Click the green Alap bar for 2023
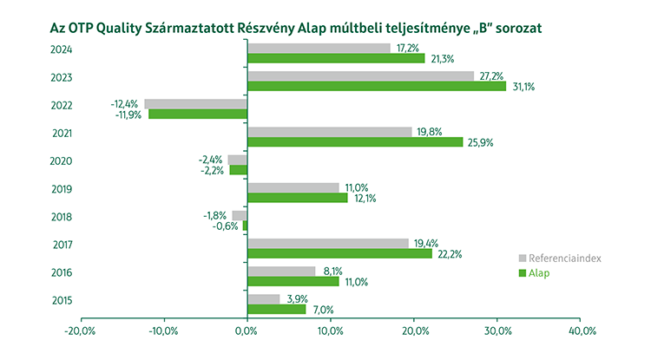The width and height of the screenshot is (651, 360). pos(376,86)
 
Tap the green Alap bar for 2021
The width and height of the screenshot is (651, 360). pos(355,141)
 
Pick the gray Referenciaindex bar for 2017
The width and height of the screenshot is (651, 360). pos(327,243)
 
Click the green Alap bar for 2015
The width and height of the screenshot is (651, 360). pos(276,309)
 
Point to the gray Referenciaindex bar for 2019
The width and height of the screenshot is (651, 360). pos(293,187)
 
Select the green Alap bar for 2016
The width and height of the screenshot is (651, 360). pos(293,281)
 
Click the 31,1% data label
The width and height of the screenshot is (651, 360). pos(522,87)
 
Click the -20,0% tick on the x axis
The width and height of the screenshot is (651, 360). pos(80,331)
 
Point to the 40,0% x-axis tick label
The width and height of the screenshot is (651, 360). pos(581,331)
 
